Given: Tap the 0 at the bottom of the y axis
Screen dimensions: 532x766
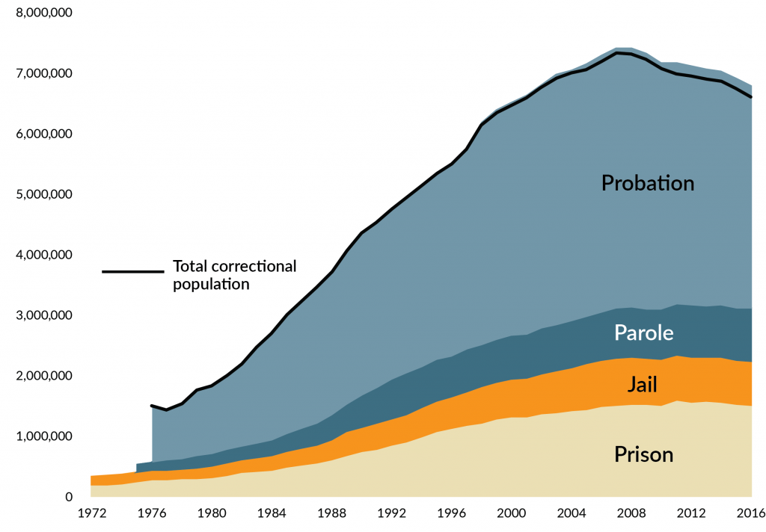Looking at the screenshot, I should tap(68, 497).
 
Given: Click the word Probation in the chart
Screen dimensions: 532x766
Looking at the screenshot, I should tap(648, 183).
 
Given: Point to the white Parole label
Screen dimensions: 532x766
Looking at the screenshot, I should tap(644, 332).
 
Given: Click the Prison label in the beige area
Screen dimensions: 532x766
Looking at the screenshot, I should tap(644, 454).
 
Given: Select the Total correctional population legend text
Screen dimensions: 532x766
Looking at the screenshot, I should tap(234, 274).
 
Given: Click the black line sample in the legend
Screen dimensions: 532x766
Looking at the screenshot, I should tap(132, 271).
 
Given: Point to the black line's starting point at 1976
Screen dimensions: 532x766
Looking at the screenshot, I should tap(152, 406).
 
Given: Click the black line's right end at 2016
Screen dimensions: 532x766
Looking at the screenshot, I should tap(751, 97).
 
